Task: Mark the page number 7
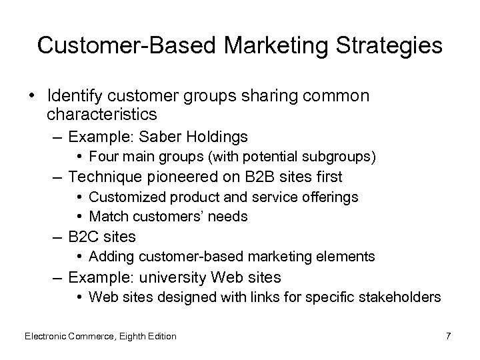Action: (449, 336)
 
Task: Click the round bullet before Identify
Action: (32, 96)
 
